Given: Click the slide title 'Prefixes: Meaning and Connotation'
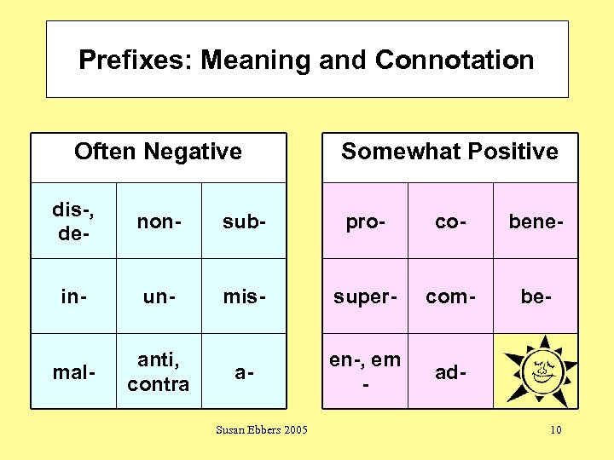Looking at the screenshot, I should pyautogui.click(x=306, y=60).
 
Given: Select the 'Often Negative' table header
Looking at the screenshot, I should pyautogui.click(x=158, y=152).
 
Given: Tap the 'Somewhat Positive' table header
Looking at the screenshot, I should pyautogui.click(x=449, y=152).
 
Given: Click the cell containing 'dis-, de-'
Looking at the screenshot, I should pyautogui.click(x=73, y=221).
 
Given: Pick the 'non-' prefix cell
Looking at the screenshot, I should pyautogui.click(x=159, y=221).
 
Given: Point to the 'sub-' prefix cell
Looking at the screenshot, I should pyautogui.click(x=244, y=221).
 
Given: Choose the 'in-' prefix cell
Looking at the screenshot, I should pyautogui.click(x=73, y=296).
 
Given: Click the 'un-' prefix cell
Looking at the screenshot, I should pyautogui.click(x=159, y=296).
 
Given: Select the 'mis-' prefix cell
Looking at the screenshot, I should pyautogui.click(x=244, y=296).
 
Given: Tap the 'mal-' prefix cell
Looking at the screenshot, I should pyautogui.click(x=73, y=371).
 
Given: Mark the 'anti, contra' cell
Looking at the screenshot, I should pyautogui.click(x=159, y=371).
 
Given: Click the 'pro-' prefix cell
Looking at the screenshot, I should pyautogui.click(x=365, y=221).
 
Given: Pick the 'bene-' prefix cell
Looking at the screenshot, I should pyautogui.click(x=536, y=221).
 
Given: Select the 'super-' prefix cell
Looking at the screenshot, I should pyautogui.click(x=365, y=296).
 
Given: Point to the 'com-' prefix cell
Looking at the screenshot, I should pyautogui.click(x=450, y=296).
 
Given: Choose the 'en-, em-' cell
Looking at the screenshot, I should pyautogui.click(x=365, y=371).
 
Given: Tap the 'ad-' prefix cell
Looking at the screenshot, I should pyautogui.click(x=450, y=371).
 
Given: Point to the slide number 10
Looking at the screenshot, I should pyautogui.click(x=555, y=429).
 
